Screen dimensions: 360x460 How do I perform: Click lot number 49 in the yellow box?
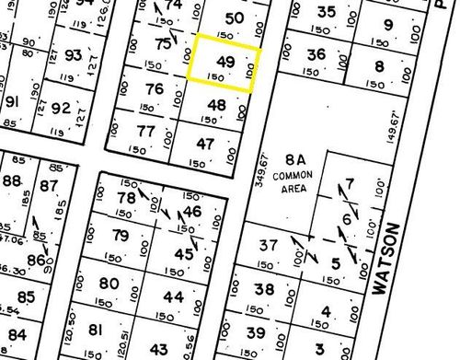pyautogui.click(x=224, y=61)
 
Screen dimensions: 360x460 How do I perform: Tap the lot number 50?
pyautogui.click(x=235, y=18)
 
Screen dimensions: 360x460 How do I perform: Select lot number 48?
pyautogui.click(x=216, y=105)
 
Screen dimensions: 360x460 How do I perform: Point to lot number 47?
pyautogui.click(x=206, y=144)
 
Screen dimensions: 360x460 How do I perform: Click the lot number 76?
pyautogui.click(x=155, y=89)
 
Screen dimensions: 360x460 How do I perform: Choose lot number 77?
pyautogui.click(x=145, y=131)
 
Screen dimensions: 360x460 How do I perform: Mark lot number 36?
pyautogui.click(x=316, y=54)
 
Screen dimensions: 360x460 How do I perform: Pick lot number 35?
pyautogui.click(x=326, y=12)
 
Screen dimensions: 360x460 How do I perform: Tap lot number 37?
pyautogui.click(x=269, y=246)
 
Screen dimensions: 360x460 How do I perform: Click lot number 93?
pyautogui.click(x=75, y=56)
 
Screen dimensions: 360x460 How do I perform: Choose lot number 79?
pyautogui.click(x=121, y=236)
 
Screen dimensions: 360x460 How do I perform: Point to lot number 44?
pyautogui.click(x=173, y=297)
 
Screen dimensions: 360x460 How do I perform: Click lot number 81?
pyautogui.click(x=96, y=330)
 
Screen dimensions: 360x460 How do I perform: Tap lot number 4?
pyautogui.click(x=326, y=311)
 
